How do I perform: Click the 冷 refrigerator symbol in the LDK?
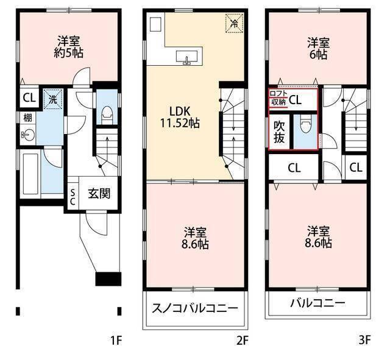(234, 24)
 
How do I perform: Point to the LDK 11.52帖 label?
(181, 117)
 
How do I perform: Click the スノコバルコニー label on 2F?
(194, 308)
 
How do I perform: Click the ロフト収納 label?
(277, 98)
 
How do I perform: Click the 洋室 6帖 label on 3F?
(318, 48)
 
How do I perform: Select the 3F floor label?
(364, 341)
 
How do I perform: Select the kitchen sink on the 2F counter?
(186, 57)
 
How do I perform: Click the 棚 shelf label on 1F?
(28, 118)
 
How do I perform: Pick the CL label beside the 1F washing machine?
(29, 97)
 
